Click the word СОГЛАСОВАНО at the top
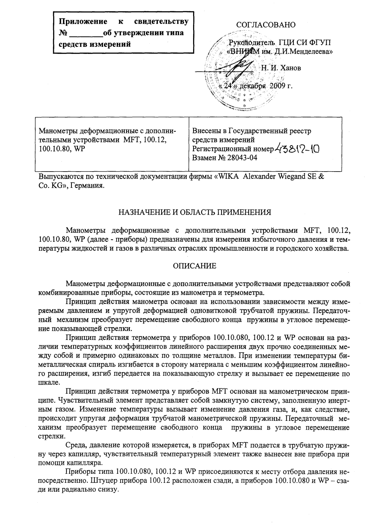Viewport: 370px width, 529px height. click(266, 25)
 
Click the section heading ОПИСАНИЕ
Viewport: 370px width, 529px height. click(194, 266)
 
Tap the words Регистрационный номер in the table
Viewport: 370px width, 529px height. click(232, 149)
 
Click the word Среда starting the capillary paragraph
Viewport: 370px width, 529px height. click(76, 445)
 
